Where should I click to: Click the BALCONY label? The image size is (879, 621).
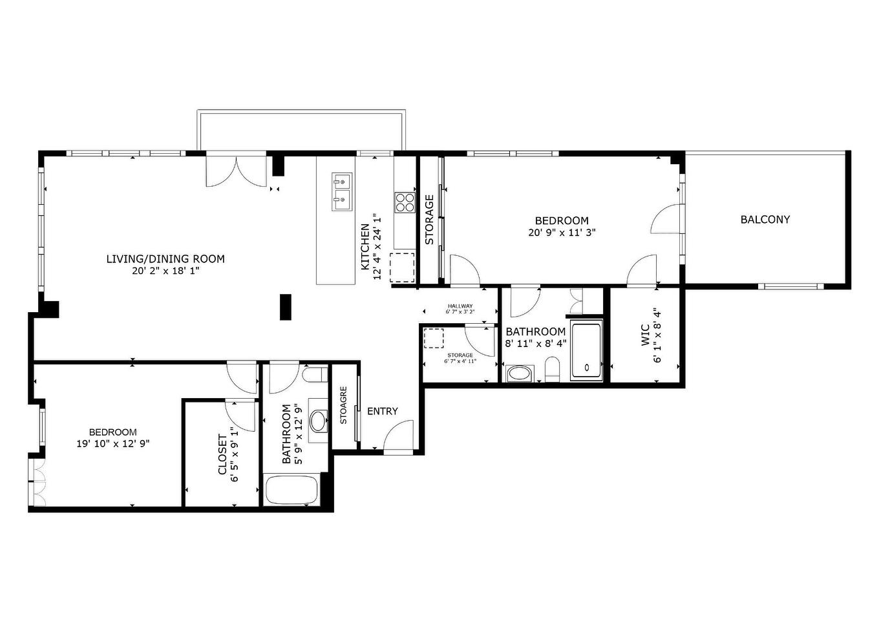pyautogui.click(x=765, y=220)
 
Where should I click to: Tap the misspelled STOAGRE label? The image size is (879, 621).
pyautogui.click(x=343, y=405)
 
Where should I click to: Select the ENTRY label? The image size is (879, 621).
pyautogui.click(x=383, y=411)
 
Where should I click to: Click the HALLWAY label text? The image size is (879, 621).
pyautogui.click(x=460, y=306)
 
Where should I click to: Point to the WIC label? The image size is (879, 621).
pyautogui.click(x=645, y=335)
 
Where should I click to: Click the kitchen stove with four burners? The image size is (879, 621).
pyautogui.click(x=405, y=202)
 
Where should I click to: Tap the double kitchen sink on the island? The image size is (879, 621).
pyautogui.click(x=342, y=192)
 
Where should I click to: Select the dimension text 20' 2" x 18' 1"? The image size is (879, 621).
pyautogui.click(x=165, y=271)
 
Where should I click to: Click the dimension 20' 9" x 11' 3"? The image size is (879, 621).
pyautogui.click(x=562, y=233)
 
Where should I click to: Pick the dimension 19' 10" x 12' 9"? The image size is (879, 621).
pyautogui.click(x=113, y=443)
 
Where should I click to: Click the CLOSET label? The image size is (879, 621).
pyautogui.click(x=222, y=454)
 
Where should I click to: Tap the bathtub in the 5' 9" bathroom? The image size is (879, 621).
pyautogui.click(x=291, y=490)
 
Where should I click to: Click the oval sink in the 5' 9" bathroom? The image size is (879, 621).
pyautogui.click(x=318, y=421)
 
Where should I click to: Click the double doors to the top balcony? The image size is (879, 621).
pyautogui.click(x=236, y=171)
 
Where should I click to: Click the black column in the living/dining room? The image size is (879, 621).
pyautogui.click(x=286, y=307)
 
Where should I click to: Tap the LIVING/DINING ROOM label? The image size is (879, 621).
pyautogui.click(x=165, y=259)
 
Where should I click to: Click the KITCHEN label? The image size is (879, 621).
pyautogui.click(x=365, y=247)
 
